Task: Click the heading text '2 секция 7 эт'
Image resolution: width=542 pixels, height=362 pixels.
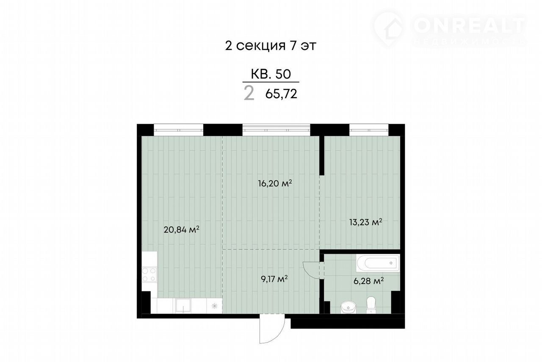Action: (x=271, y=46)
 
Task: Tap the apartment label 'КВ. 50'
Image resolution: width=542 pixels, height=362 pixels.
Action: (x=271, y=74)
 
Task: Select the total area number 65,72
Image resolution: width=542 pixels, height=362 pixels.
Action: (x=281, y=94)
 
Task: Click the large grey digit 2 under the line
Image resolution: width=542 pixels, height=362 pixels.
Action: (x=249, y=94)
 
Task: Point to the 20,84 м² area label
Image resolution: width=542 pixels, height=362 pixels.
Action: (x=182, y=229)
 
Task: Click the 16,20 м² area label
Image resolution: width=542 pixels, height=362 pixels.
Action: (x=275, y=183)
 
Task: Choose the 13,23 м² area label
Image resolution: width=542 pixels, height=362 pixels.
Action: (x=365, y=222)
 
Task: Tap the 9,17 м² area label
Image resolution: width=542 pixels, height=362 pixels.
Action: (x=274, y=279)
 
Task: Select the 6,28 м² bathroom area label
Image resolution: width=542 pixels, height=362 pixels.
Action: (x=368, y=281)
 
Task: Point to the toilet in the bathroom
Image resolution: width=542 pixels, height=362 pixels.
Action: (x=371, y=305)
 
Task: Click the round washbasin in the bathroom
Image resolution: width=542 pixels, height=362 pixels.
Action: (x=348, y=307)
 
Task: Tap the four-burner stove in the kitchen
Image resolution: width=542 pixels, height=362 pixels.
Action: (x=149, y=275)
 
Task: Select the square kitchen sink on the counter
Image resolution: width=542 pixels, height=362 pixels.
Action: (x=183, y=306)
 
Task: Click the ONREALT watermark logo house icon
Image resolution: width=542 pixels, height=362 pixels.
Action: (x=389, y=28)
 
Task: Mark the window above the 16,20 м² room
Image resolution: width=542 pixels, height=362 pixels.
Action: (x=277, y=130)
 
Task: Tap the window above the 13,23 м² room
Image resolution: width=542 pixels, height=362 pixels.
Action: (x=369, y=130)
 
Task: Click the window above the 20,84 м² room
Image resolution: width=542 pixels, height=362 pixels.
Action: (x=178, y=130)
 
